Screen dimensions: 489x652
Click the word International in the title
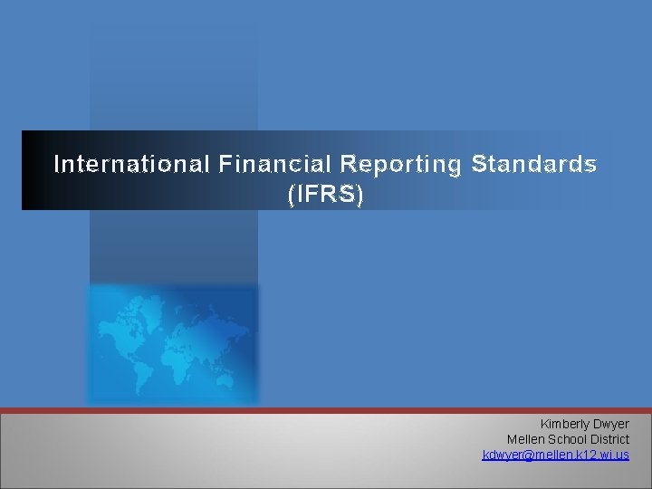click(131, 164)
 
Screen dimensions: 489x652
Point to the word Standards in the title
click(533, 164)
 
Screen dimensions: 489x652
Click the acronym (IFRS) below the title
click(325, 194)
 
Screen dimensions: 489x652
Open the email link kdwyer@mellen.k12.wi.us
click(555, 455)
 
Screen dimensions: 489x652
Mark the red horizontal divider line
click(326, 410)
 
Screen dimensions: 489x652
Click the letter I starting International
click(57, 164)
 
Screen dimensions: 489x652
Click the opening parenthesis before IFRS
click(291, 194)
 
